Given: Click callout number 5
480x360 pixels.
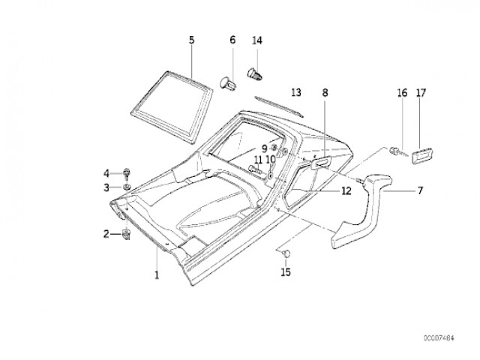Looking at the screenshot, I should pyautogui.click(x=191, y=40).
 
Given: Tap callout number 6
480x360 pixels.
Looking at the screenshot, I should pyautogui.click(x=232, y=40).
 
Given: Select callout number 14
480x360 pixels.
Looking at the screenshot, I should pyautogui.click(x=257, y=40).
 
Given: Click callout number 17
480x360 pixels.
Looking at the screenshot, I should pyautogui.click(x=421, y=93).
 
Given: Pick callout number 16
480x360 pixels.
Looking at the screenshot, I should pyautogui.click(x=401, y=93).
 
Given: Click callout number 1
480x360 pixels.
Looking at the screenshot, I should pyautogui.click(x=157, y=274).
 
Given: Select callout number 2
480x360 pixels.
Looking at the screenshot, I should pyautogui.click(x=106, y=234).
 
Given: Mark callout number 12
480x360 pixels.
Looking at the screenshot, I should pyautogui.click(x=346, y=191).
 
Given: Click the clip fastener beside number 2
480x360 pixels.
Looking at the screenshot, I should pyautogui.click(x=125, y=235).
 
